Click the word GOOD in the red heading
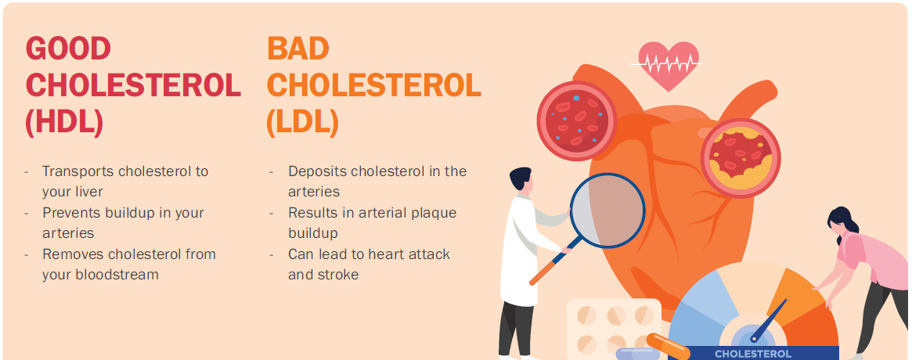tap(69, 49)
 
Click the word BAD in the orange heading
tap(298, 49)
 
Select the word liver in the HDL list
tap(88, 191)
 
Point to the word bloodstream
tap(116, 274)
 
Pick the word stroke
tap(337, 274)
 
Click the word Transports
tap(78, 171)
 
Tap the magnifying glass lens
tap(607, 211)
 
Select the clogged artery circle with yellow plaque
tap(740, 157)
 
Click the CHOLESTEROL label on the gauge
tap(752, 354)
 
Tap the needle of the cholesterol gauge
tap(769, 319)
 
